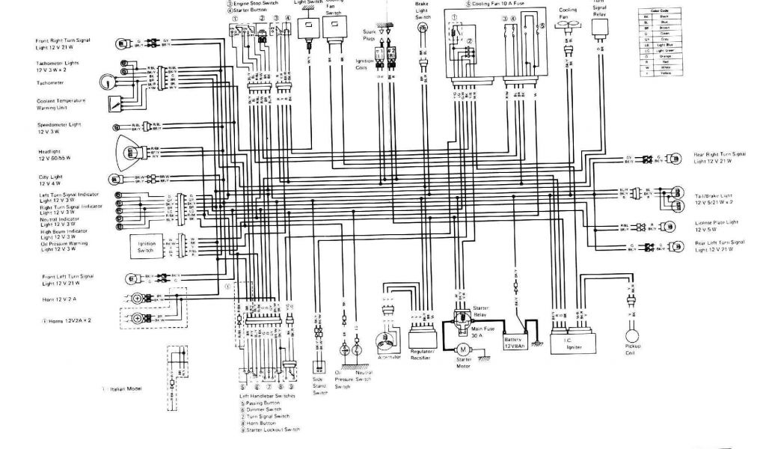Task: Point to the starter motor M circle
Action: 463,349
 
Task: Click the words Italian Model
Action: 127,389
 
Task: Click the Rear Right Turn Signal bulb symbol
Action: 675,158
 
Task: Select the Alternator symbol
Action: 390,341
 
